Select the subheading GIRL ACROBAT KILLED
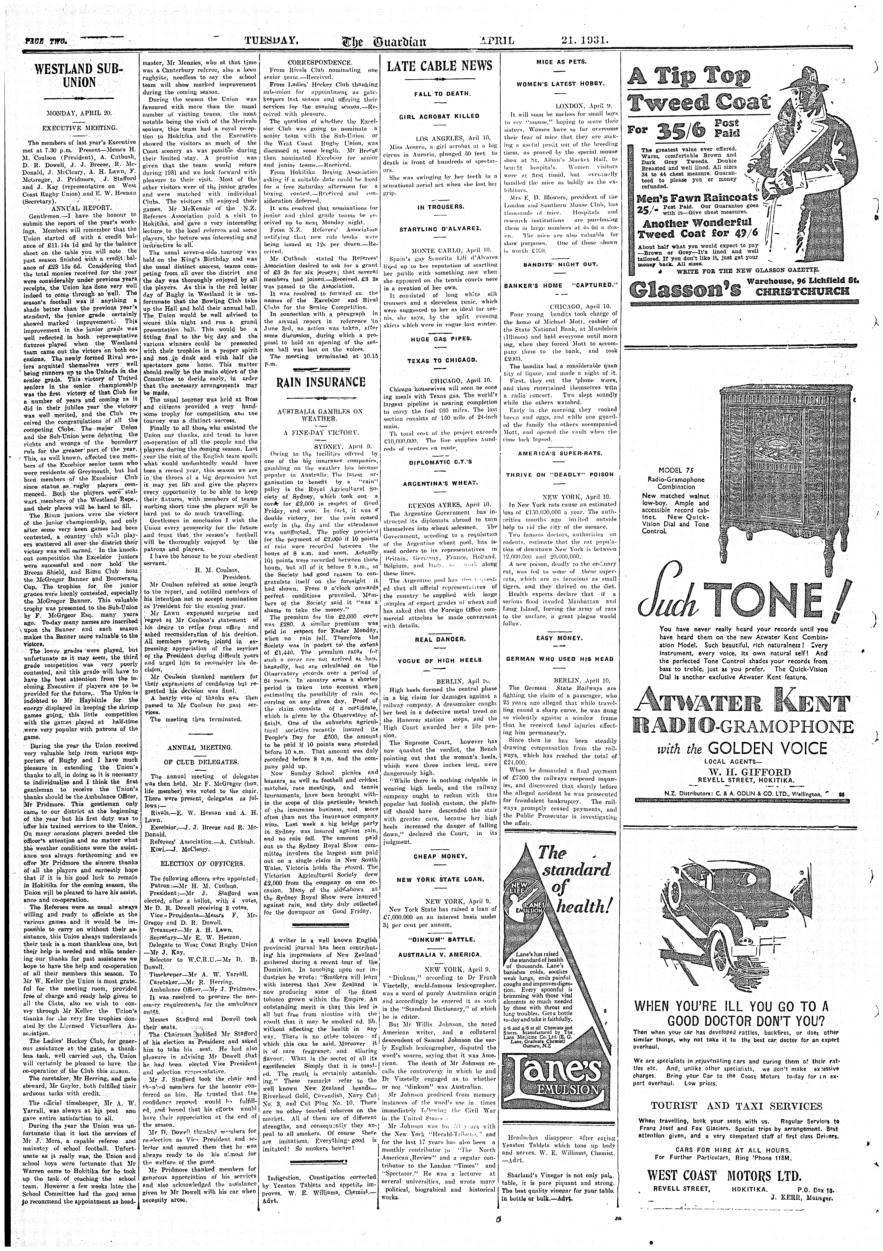pyautogui.click(x=439, y=116)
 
